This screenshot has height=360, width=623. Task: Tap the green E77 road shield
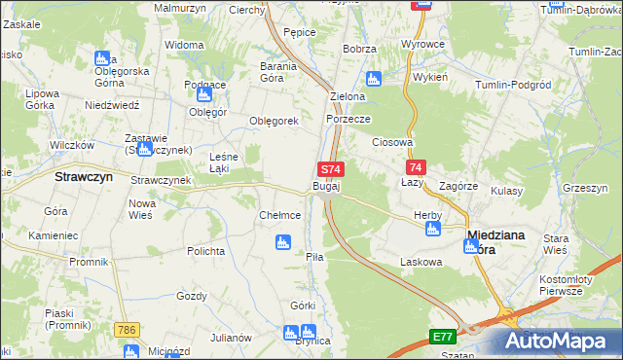(443, 337)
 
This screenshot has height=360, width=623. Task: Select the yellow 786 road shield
(126, 331)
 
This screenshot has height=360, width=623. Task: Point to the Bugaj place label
(326, 185)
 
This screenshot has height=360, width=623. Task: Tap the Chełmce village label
(279, 215)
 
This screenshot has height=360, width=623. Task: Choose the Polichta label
(206, 251)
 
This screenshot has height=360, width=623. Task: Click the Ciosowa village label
(394, 142)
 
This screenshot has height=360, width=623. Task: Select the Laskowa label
(421, 262)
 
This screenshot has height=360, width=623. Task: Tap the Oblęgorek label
(274, 121)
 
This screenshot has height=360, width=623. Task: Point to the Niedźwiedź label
(114, 104)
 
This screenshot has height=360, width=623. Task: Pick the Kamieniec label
(53, 235)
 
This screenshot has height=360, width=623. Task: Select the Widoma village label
(184, 45)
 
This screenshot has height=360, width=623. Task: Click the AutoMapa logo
(559, 341)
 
